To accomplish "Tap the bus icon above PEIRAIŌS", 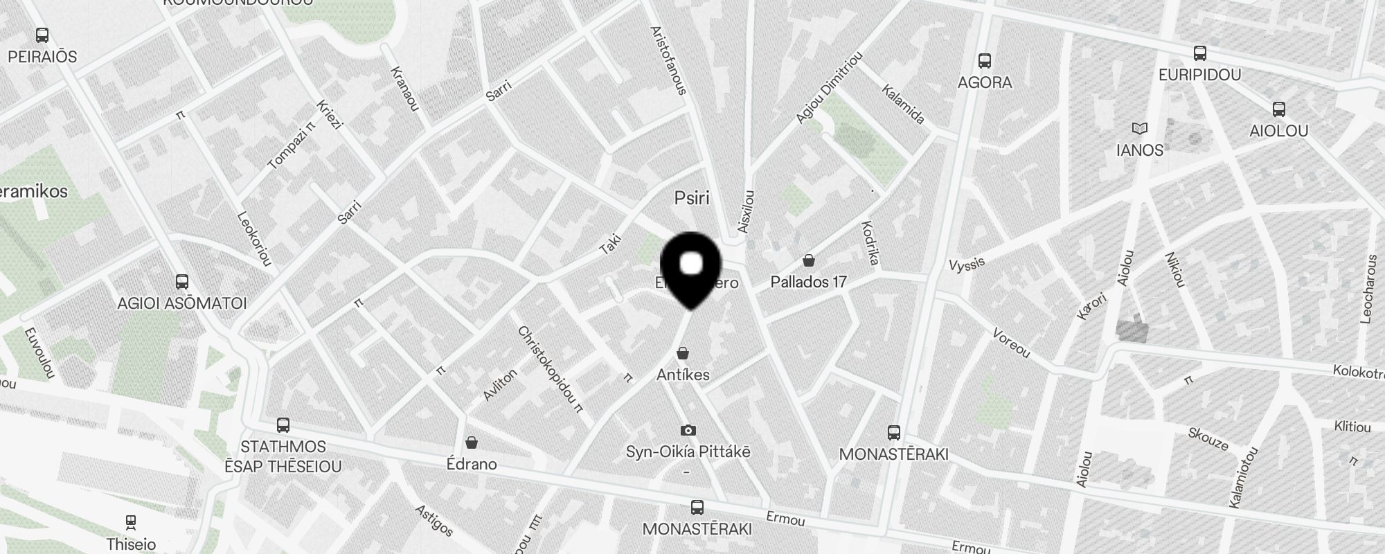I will click(42, 35).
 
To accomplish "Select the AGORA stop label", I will click(984, 82).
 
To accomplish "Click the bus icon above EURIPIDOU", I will click(1199, 53).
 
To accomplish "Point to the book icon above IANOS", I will click(1139, 129).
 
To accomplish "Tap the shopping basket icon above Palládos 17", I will click(808, 261).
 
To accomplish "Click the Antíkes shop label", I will click(683, 375).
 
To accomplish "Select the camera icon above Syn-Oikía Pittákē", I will click(688, 431).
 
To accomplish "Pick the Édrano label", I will click(472, 464).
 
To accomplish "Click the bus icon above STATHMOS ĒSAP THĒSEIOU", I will click(283, 425).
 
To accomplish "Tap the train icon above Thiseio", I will click(131, 522).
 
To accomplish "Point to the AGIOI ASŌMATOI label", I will click(182, 303).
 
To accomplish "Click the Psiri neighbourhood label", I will click(692, 199).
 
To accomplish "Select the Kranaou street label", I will click(405, 89).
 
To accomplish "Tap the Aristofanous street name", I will click(668, 60).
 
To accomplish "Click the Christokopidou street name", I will click(551, 369).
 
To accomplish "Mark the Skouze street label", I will click(1208, 438).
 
